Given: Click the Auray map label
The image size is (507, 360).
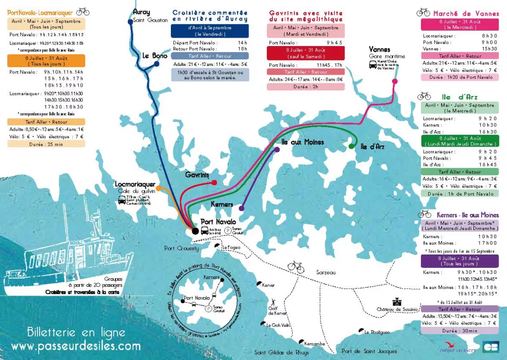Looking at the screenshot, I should click(x=141, y=11).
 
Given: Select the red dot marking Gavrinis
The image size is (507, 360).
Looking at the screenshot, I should click(x=214, y=183).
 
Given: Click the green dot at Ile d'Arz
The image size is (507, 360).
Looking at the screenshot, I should click(x=351, y=146).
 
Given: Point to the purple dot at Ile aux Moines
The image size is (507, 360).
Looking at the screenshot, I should click(x=276, y=150).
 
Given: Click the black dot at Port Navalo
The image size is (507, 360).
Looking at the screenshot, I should click(x=195, y=231).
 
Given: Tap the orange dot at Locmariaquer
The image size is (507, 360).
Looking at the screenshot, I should click(x=158, y=188).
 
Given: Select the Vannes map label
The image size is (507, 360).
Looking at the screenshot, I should click(x=380, y=50).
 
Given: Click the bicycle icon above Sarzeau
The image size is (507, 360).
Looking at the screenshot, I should click(x=296, y=266).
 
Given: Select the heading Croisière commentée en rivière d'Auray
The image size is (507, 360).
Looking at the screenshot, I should click(x=210, y=16).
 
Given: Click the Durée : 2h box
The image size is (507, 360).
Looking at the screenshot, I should click(x=298, y=87).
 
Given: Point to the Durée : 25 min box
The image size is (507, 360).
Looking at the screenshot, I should click(x=46, y=144).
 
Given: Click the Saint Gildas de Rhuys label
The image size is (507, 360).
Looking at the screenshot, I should click(x=275, y=352).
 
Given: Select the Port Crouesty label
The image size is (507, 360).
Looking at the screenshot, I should click(x=182, y=248).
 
